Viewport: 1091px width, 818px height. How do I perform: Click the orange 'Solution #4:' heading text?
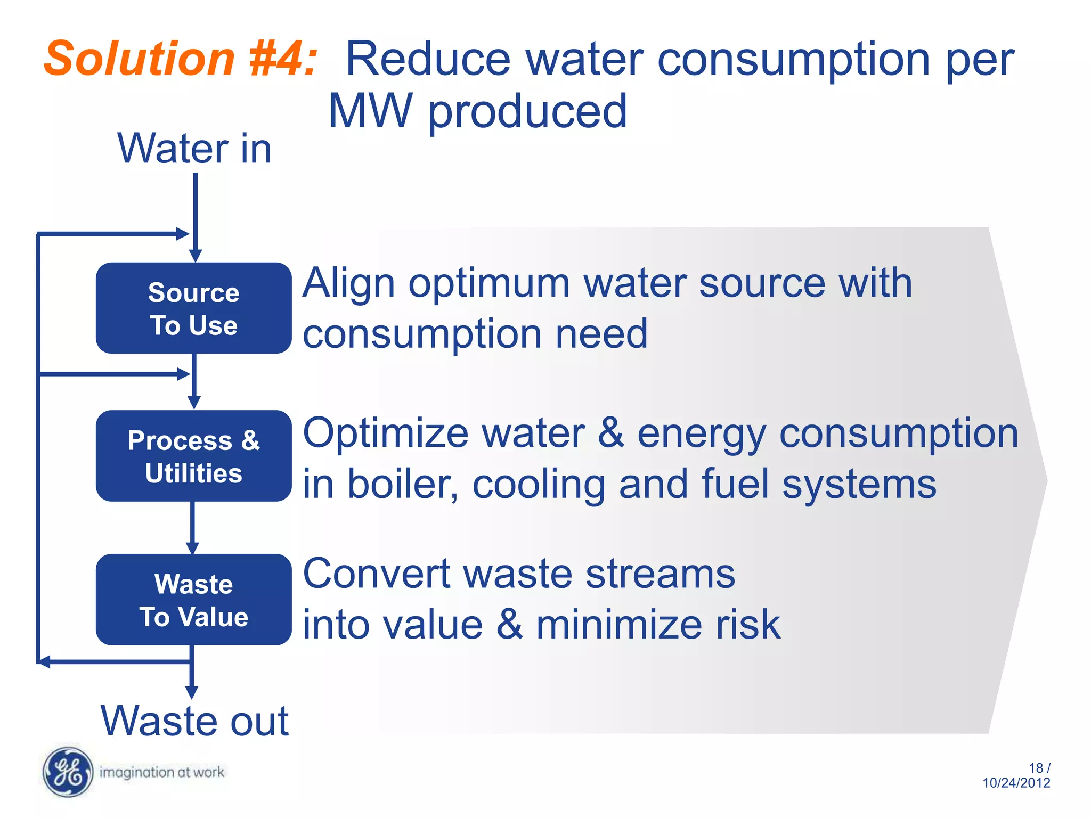pos(180,59)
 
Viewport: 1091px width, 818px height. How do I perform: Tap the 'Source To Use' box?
pos(193,308)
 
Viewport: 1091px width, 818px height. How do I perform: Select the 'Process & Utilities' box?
pos(193,456)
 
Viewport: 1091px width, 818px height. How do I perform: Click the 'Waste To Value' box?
pos(193,600)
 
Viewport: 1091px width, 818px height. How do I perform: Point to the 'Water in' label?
pos(194,149)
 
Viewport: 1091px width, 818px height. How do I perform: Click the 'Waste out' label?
pos(194,721)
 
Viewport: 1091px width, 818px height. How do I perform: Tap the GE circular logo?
pos(68,772)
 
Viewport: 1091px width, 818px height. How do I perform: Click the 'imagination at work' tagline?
pos(162,772)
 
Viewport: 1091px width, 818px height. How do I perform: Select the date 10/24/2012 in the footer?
pos(1016,783)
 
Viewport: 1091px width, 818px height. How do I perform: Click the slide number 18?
pos(1036,768)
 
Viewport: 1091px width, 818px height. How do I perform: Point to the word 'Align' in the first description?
pos(349,284)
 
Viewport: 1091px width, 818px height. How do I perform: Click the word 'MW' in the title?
pos(370,111)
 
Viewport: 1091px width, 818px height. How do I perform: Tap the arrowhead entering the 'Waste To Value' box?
pos(192,548)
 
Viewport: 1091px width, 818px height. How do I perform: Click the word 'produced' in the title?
pos(527,111)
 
